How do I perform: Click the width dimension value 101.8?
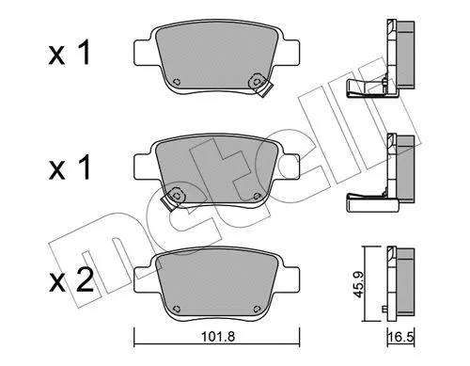point(218,337)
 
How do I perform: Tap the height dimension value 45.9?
point(357,284)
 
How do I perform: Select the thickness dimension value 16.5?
point(401,338)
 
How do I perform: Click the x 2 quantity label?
point(71,280)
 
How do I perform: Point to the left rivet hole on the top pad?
point(177,82)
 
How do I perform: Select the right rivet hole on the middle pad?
point(257,196)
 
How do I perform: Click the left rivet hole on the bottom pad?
point(177,309)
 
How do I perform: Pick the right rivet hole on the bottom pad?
point(257,309)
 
